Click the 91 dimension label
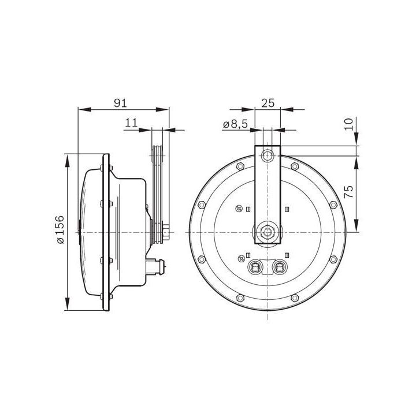120,103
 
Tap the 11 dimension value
131,123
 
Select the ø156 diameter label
60,230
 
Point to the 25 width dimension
268,103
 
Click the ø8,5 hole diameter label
235,124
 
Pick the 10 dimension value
349,124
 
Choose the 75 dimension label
349,192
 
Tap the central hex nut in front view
268,232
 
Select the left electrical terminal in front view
255,268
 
